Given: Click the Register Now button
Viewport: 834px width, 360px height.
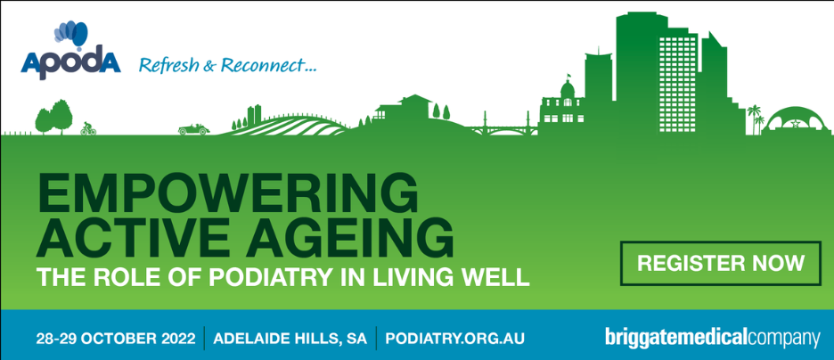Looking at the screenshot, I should [x=721, y=263].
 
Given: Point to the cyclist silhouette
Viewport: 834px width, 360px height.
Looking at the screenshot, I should [x=87, y=128].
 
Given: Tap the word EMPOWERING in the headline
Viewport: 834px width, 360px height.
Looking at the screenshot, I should [x=227, y=193].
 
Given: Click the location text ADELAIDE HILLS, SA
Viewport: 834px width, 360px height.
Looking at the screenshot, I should [x=290, y=340].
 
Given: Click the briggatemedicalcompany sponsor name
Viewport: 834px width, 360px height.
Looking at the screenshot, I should [x=711, y=339].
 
